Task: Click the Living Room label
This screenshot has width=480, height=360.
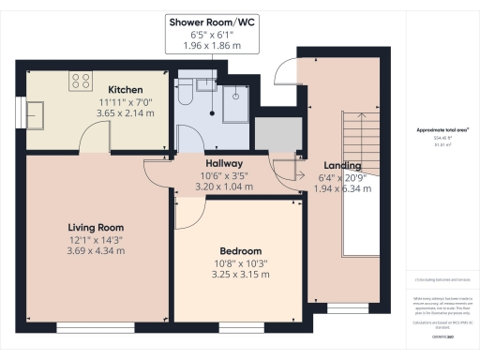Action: coord(95,228)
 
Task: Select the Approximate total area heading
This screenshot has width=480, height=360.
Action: coord(442,129)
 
